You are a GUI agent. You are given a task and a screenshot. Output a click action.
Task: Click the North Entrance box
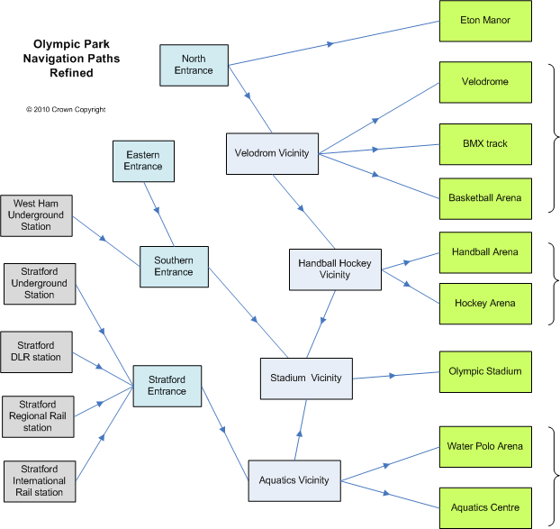pos(194,65)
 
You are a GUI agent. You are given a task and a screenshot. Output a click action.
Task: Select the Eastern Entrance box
pos(143,160)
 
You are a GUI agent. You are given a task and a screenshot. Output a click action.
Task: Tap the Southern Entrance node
pos(174,267)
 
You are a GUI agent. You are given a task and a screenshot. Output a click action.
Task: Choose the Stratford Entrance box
pos(167,386)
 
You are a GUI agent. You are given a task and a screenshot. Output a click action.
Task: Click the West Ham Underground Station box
pos(36,214)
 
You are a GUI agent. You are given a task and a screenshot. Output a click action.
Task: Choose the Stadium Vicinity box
pos(306,378)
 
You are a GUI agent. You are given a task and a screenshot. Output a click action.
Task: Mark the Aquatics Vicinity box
pos(294,479)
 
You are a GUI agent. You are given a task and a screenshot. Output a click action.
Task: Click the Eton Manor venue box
pos(485,21)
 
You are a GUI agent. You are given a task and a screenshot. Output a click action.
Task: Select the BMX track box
pos(485,143)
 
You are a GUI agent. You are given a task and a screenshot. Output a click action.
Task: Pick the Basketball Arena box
pos(485,197)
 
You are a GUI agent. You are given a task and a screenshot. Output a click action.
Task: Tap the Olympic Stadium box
pos(485,370)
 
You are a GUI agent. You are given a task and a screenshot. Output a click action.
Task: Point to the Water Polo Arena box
pos(485,446)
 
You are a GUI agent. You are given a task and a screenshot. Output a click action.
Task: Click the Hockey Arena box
pos(485,303)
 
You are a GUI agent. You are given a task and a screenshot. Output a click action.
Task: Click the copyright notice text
pos(66,110)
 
